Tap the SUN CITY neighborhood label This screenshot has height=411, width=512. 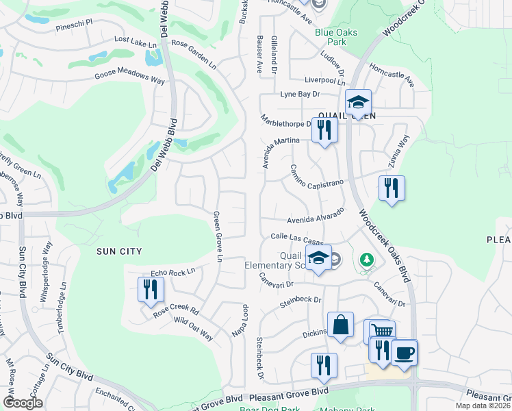[x=120, y=251]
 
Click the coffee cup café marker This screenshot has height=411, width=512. [x=405, y=352]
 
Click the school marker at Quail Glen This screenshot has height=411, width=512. [x=357, y=102]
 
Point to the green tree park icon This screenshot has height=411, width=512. [x=367, y=260]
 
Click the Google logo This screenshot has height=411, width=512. [x=22, y=403]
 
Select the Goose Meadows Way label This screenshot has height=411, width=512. [x=130, y=77]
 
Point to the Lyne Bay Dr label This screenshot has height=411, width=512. [x=301, y=95]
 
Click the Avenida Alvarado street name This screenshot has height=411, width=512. [x=314, y=217]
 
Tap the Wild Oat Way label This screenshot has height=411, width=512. [x=193, y=328]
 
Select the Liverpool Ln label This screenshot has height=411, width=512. [x=321, y=81]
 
